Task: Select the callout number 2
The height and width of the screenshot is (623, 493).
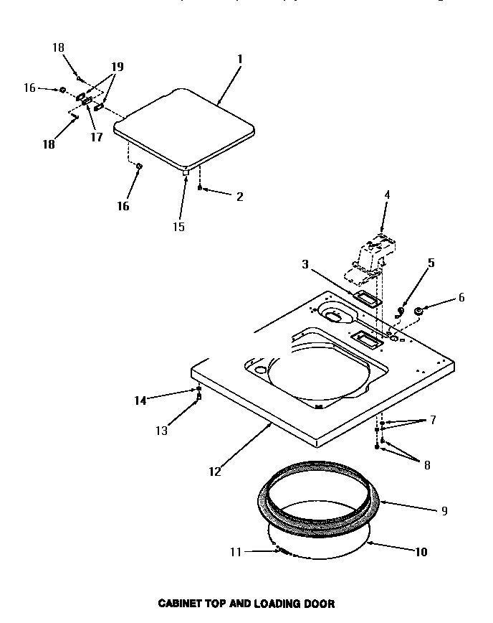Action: pos(239,196)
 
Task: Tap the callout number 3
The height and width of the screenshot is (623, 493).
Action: pos(305,265)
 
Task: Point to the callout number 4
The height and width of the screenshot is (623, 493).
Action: pos(387,194)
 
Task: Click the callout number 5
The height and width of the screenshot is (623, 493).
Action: pos(430,263)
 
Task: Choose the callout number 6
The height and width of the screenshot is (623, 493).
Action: pos(461,297)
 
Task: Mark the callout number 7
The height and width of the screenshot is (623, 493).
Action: pos(433,420)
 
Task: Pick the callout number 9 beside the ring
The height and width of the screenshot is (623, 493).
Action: pos(444,511)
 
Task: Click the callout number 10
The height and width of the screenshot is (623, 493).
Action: pos(421,552)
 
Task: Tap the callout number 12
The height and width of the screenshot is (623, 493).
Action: pos(215,472)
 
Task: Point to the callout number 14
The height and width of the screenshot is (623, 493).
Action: pos(140,400)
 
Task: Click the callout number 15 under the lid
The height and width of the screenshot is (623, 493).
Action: pos(178,227)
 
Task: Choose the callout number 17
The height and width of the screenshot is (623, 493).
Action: pos(96,136)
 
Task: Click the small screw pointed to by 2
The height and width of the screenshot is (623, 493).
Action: pos(200,188)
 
